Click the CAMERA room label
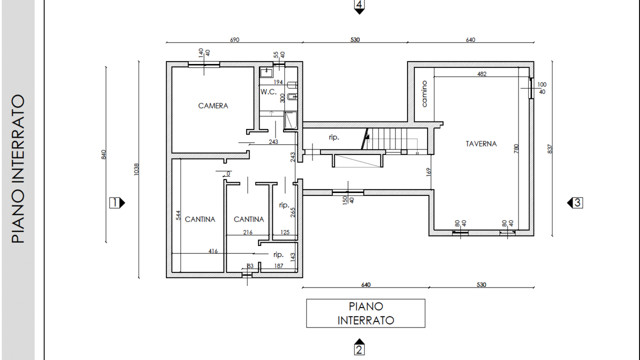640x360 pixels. tap(213, 106)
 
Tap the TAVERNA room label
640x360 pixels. tap(481, 143)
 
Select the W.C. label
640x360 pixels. tap(268, 92)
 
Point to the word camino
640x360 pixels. tap(424, 93)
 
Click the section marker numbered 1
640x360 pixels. tap(117, 203)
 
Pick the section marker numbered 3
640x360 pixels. tap(575, 203)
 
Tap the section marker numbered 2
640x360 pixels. tap(359, 347)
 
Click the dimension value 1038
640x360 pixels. tap(136, 169)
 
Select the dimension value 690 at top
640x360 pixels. tap(234, 39)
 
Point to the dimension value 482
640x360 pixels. tap(481, 73)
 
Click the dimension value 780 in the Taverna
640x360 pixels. tap(516, 148)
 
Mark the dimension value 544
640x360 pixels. tap(178, 215)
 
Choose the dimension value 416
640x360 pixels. tap(213, 251)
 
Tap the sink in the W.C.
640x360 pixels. tap(266, 72)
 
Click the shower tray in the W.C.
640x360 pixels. tap(290, 120)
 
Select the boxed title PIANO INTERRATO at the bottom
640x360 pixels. tap(365, 313)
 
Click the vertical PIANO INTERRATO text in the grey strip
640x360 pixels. tap(18, 169)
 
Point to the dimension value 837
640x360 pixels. tap(550, 149)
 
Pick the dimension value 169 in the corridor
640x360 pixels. tap(428, 172)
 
